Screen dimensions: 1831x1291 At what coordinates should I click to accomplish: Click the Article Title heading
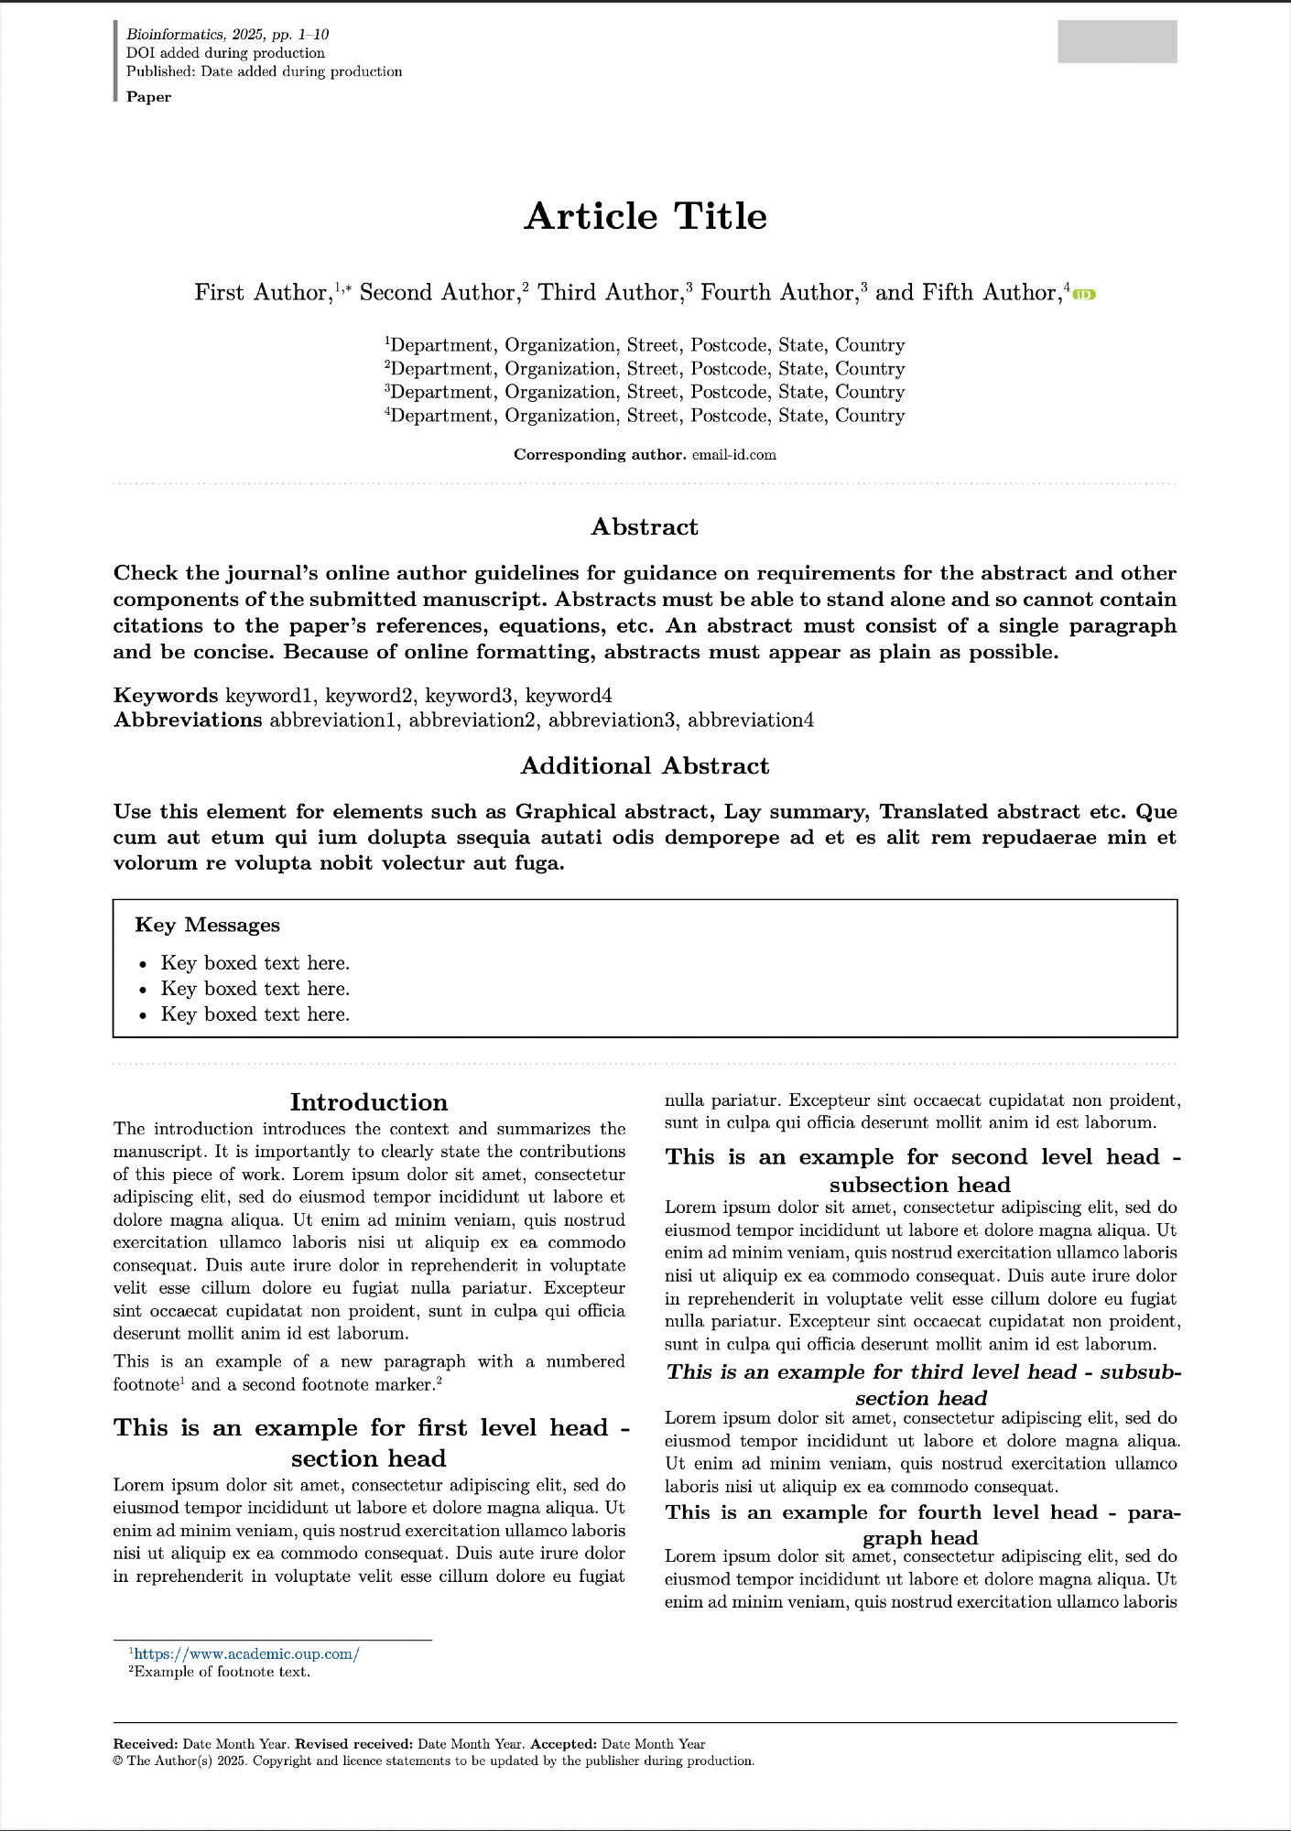645,217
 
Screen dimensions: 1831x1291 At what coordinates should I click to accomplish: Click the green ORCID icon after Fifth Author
1084,294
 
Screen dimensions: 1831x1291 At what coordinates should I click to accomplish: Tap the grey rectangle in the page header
1117,41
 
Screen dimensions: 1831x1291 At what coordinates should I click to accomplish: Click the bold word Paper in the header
148,97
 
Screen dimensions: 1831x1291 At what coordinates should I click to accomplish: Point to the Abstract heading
645,527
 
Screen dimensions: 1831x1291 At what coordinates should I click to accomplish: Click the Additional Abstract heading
645,766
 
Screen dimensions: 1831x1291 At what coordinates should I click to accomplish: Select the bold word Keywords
166,696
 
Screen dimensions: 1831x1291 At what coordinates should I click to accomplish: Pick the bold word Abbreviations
188,720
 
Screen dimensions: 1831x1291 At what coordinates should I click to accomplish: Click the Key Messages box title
207,926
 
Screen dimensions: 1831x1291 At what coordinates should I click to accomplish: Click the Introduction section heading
369,1102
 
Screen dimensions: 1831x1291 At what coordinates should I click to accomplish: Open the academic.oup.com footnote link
246,1654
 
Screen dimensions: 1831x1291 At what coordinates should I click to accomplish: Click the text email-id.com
734,455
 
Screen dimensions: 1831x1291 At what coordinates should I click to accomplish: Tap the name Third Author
610,293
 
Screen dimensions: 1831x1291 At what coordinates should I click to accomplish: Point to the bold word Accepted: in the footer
563,1745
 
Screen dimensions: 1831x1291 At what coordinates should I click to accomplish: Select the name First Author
262,293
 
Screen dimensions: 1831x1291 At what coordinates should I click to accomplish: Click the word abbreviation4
751,720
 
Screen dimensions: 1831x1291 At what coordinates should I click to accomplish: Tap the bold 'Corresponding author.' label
600,455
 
